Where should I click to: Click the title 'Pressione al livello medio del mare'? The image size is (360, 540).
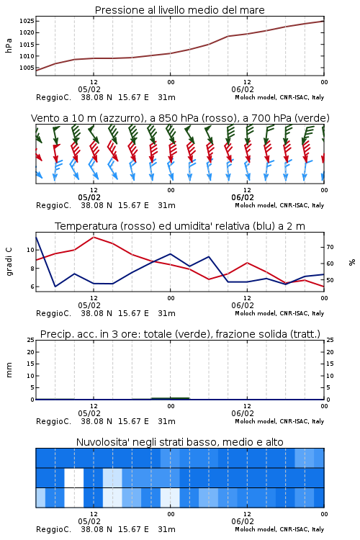(x=179, y=10)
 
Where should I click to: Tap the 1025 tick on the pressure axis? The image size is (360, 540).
(x=27, y=21)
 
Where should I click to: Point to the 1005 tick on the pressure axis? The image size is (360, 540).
(x=27, y=68)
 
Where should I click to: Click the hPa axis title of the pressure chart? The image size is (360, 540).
(x=9, y=45)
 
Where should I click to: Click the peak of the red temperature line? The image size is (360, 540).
(x=94, y=238)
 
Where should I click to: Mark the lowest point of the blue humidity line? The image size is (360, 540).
(x=55, y=286)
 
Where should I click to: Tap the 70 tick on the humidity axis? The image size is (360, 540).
(x=330, y=247)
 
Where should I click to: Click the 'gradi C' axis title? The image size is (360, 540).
(x=9, y=261)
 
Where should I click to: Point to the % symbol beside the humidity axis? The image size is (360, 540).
(x=352, y=262)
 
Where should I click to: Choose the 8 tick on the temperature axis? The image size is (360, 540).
(x=32, y=269)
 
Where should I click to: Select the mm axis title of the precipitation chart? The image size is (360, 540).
(x=9, y=370)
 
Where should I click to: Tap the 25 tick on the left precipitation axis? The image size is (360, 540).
(x=31, y=340)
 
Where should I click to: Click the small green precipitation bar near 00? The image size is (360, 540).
(x=171, y=398)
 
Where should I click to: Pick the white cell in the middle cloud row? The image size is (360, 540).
(x=74, y=477)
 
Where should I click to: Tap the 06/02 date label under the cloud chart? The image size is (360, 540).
(x=243, y=521)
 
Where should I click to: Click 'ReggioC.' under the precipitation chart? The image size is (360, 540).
(x=53, y=421)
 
